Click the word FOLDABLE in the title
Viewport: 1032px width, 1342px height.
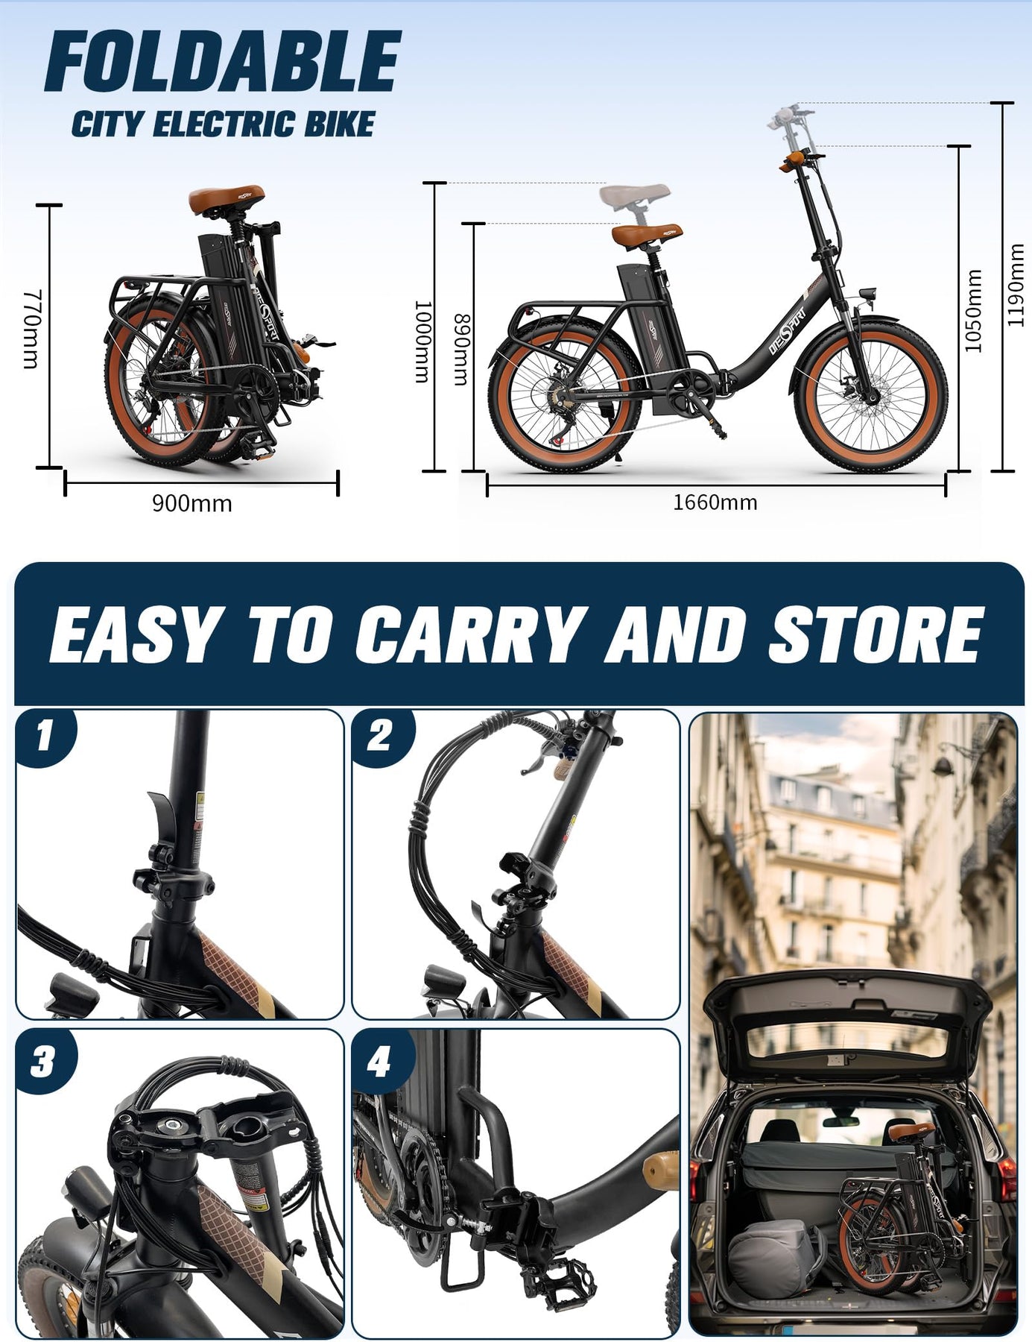tap(223, 62)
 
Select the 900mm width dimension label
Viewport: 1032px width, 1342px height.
tap(192, 504)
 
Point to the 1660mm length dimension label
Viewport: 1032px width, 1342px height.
tap(715, 503)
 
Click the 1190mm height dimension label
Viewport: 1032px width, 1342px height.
tap(1016, 285)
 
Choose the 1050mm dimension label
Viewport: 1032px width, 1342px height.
tap(973, 310)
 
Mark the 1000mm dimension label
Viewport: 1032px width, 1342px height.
tap(422, 341)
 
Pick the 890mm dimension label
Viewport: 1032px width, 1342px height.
tap(462, 350)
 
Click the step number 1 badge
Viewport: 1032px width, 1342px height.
tap(45, 736)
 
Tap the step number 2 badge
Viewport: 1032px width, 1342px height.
tap(380, 736)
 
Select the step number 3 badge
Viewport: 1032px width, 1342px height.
tap(45, 1061)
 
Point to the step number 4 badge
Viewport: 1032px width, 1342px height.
tap(380, 1061)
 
